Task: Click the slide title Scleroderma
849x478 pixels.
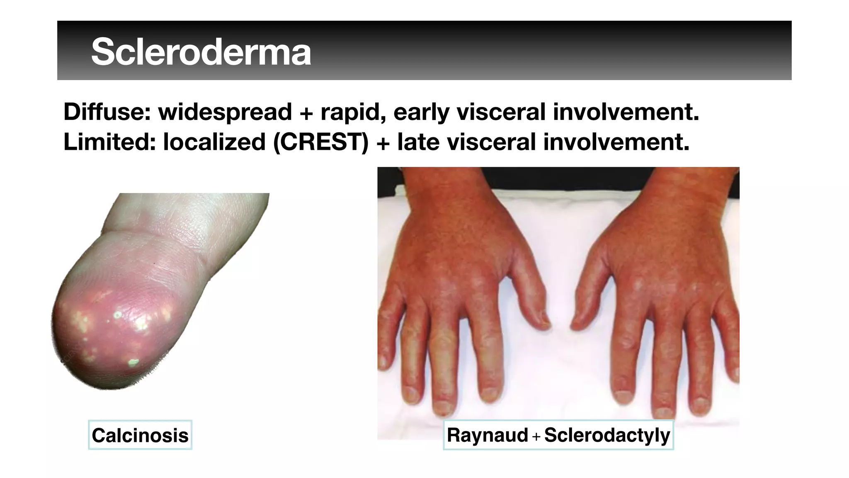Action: pos(201,52)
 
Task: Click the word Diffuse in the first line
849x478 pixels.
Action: pos(107,112)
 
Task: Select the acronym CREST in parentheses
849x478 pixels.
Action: pos(321,142)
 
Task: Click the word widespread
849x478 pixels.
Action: pos(225,112)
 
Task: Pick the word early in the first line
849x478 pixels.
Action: pos(421,112)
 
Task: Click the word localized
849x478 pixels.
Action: pos(214,142)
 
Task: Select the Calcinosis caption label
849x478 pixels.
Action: pos(140,435)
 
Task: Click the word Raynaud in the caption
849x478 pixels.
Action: pos(488,435)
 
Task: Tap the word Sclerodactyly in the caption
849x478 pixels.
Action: pos(607,435)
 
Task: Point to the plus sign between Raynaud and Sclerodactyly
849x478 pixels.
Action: pos(536,437)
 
